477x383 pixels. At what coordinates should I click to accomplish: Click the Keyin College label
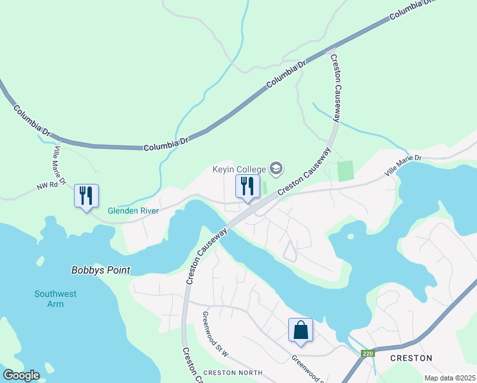(239, 169)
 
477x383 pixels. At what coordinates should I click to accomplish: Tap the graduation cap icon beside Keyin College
(275, 169)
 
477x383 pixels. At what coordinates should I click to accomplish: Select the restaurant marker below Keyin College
(247, 186)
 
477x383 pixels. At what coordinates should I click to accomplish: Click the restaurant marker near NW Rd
(86, 195)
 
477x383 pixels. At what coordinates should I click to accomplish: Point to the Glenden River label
(132, 210)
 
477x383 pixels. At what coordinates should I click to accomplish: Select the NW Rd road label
(47, 186)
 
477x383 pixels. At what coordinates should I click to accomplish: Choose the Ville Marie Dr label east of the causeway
(403, 165)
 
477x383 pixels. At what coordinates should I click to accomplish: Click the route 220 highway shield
(366, 352)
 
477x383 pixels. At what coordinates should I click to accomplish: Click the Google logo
(21, 375)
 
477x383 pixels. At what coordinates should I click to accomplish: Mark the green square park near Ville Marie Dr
(345, 170)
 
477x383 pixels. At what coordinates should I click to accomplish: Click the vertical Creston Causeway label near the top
(336, 82)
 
